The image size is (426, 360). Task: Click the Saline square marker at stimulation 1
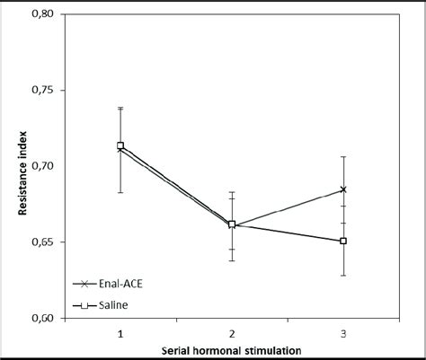[120, 145]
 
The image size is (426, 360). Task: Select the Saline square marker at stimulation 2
[232, 224]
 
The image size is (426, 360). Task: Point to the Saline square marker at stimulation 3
[343, 241]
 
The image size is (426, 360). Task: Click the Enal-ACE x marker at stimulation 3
[343, 189]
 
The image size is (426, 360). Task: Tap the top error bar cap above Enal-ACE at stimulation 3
[343, 157]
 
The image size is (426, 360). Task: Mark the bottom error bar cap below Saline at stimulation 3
[343, 275]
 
